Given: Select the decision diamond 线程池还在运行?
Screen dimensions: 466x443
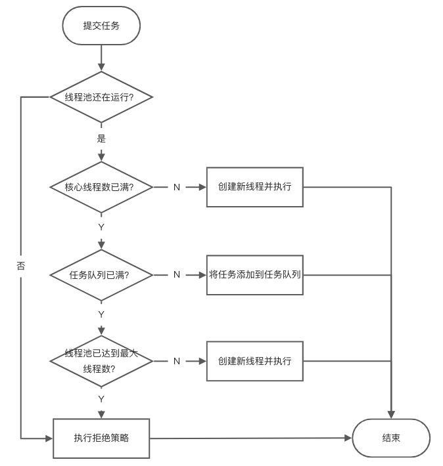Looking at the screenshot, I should [x=101, y=97].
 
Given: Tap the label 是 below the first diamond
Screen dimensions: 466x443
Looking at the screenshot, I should [x=101, y=138].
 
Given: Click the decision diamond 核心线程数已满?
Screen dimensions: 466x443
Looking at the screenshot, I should [x=101, y=187].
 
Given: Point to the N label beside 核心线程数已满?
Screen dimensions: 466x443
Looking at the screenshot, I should [x=176, y=187].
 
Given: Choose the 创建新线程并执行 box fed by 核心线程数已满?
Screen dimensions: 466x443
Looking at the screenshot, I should [x=255, y=187].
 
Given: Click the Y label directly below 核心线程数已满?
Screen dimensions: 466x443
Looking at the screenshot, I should [x=101, y=226].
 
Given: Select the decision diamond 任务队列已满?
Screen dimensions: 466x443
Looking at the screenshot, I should [x=101, y=274].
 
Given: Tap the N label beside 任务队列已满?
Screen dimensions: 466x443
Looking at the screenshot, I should [x=176, y=274].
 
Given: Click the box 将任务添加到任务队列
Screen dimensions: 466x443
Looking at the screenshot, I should [x=255, y=274].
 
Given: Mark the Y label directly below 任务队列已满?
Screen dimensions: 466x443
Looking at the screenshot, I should [x=101, y=314].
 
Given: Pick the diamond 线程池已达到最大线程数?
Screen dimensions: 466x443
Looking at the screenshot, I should [x=101, y=361].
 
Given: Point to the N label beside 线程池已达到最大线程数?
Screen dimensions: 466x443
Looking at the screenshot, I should [x=176, y=361].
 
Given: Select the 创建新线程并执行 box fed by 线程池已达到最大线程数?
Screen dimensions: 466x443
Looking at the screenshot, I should [x=255, y=361].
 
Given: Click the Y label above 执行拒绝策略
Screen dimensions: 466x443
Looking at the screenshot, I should [x=101, y=398].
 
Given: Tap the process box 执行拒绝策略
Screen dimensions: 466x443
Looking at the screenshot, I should [x=101, y=437].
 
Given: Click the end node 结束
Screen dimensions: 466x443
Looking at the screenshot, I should [x=391, y=438].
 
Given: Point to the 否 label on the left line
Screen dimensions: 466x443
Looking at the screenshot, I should [x=21, y=266].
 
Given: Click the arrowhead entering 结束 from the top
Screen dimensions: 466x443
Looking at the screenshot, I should [x=392, y=414].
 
